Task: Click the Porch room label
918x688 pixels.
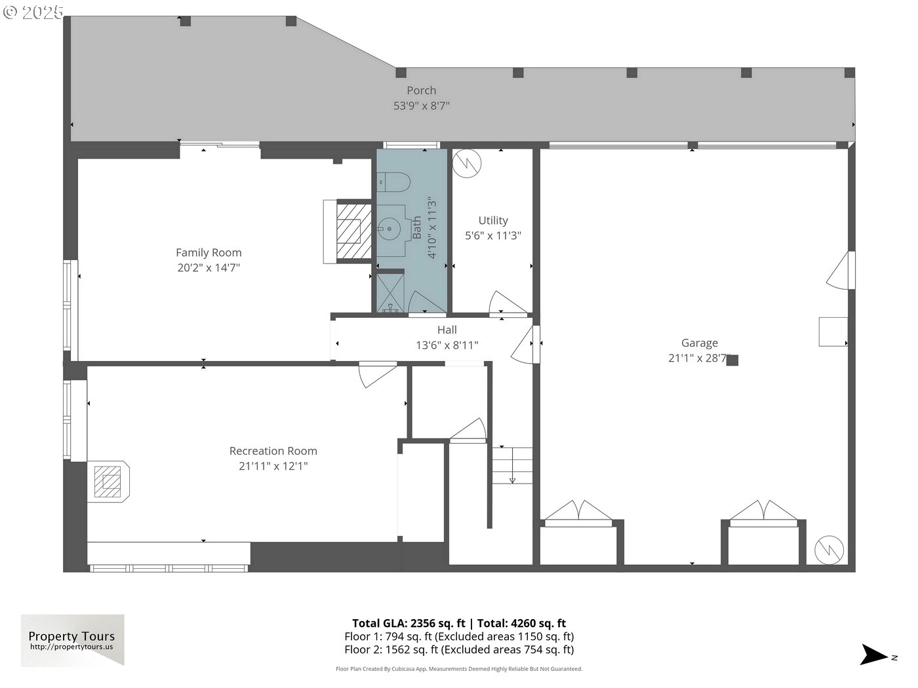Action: click(x=421, y=90)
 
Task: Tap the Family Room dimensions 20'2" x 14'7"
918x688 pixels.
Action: click(x=209, y=268)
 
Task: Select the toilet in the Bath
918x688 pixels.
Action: click(x=394, y=182)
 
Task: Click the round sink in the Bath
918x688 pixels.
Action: click(x=389, y=229)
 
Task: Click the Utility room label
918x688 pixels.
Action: click(x=493, y=220)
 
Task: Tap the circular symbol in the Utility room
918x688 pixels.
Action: click(x=467, y=163)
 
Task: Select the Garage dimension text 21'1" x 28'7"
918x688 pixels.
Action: click(x=699, y=358)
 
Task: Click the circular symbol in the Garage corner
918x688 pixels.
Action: click(x=829, y=550)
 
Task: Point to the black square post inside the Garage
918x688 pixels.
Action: click(x=732, y=360)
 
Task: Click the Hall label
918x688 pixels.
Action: click(x=447, y=330)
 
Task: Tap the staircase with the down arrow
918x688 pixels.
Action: click(x=512, y=465)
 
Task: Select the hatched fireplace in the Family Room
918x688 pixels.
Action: click(x=354, y=231)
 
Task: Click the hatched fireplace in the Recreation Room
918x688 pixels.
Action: click(x=108, y=482)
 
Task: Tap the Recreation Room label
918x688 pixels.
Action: click(x=273, y=451)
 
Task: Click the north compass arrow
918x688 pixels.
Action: click(x=875, y=655)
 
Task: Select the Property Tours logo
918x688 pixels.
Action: click(x=72, y=640)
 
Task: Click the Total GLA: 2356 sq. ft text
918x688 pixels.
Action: click(x=409, y=623)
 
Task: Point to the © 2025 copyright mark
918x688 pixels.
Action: click(x=33, y=12)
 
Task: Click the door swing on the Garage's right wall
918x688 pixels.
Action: click(x=841, y=270)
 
